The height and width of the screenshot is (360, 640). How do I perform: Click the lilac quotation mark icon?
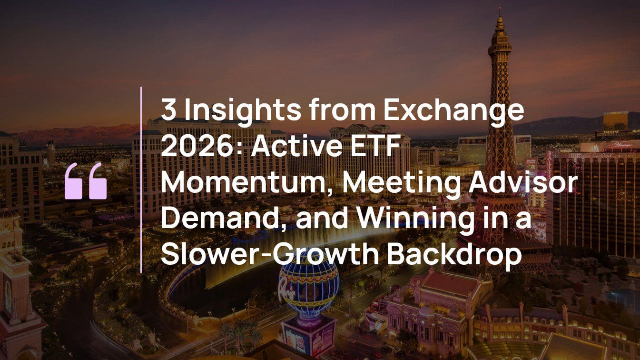pyautogui.click(x=86, y=181)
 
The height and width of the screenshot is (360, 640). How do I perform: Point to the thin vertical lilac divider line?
pyautogui.click(x=141, y=180)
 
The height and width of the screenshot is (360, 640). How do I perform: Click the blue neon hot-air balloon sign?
pyautogui.click(x=309, y=289)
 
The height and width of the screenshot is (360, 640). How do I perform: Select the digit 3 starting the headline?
pyautogui.click(x=169, y=110)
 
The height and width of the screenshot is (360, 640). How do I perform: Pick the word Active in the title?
pyautogui.click(x=296, y=146)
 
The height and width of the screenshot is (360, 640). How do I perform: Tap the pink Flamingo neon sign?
pyautogui.click(x=625, y=146)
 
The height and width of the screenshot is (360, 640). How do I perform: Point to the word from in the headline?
pyautogui.click(x=342, y=110)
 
